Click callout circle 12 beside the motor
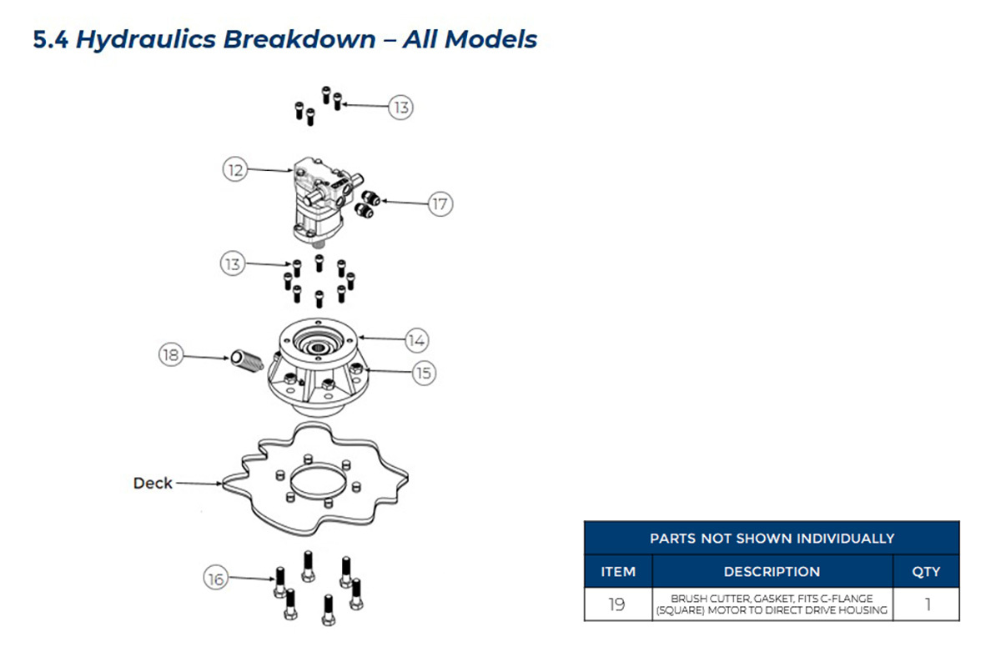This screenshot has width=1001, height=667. pyautogui.click(x=235, y=170)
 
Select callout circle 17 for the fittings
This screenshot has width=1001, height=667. pyautogui.click(x=440, y=204)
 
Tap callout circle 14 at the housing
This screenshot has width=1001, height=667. pyautogui.click(x=416, y=340)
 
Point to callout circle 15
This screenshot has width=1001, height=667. pyautogui.click(x=423, y=373)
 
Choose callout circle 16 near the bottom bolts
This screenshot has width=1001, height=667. pyautogui.click(x=216, y=579)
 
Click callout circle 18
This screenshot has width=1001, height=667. pyautogui.click(x=171, y=354)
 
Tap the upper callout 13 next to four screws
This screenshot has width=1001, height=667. pyautogui.click(x=400, y=108)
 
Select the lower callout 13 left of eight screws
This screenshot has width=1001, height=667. pyautogui.click(x=233, y=263)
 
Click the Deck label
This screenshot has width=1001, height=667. pyautogui.click(x=153, y=483)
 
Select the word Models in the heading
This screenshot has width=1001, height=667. pyautogui.click(x=490, y=39)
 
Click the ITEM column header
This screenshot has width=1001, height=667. pyautogui.click(x=618, y=571)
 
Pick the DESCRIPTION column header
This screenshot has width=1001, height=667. pyautogui.click(x=772, y=571)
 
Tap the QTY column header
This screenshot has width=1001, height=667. pyautogui.click(x=926, y=571)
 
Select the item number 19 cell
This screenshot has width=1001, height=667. pyautogui.click(x=616, y=604)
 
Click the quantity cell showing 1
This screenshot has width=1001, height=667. pyautogui.click(x=928, y=604)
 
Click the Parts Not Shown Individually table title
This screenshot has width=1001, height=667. pyautogui.click(x=772, y=539)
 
